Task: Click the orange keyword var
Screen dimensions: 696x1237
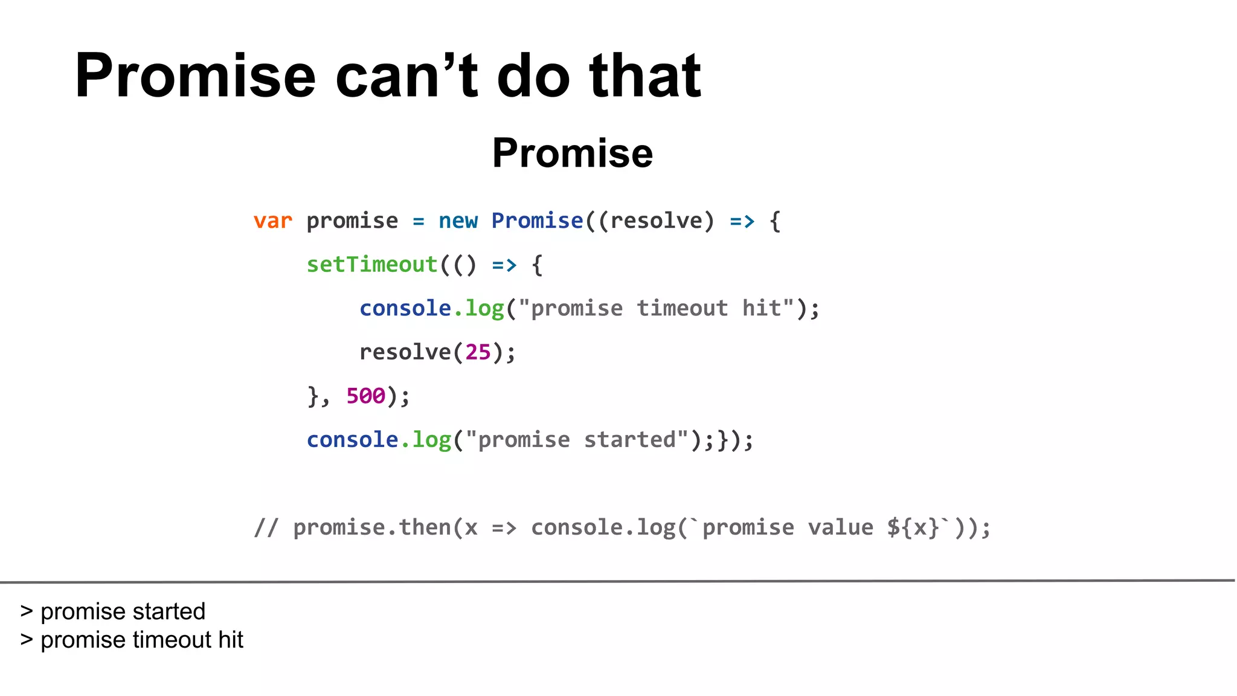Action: coord(272,221)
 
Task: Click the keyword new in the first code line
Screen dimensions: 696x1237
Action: coord(458,221)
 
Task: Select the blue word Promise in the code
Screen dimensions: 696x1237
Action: coord(537,221)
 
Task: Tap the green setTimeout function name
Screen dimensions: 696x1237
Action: coord(371,265)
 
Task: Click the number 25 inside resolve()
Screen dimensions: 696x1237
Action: coord(478,352)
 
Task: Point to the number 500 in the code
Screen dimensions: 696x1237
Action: coord(365,396)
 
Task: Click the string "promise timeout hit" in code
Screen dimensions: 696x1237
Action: coord(656,309)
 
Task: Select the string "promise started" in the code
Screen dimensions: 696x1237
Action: coord(577,440)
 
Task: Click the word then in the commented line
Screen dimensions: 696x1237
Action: coord(425,528)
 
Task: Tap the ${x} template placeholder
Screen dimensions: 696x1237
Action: coord(913,528)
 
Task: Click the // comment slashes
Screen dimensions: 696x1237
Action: coord(266,528)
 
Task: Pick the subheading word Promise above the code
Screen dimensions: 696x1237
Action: coord(572,153)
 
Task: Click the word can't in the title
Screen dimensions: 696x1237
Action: coord(406,76)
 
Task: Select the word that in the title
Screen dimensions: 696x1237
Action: coord(644,76)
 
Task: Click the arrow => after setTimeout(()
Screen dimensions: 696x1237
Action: coord(504,265)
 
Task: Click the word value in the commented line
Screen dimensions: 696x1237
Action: coord(840,528)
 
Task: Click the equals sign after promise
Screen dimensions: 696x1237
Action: coord(418,222)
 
